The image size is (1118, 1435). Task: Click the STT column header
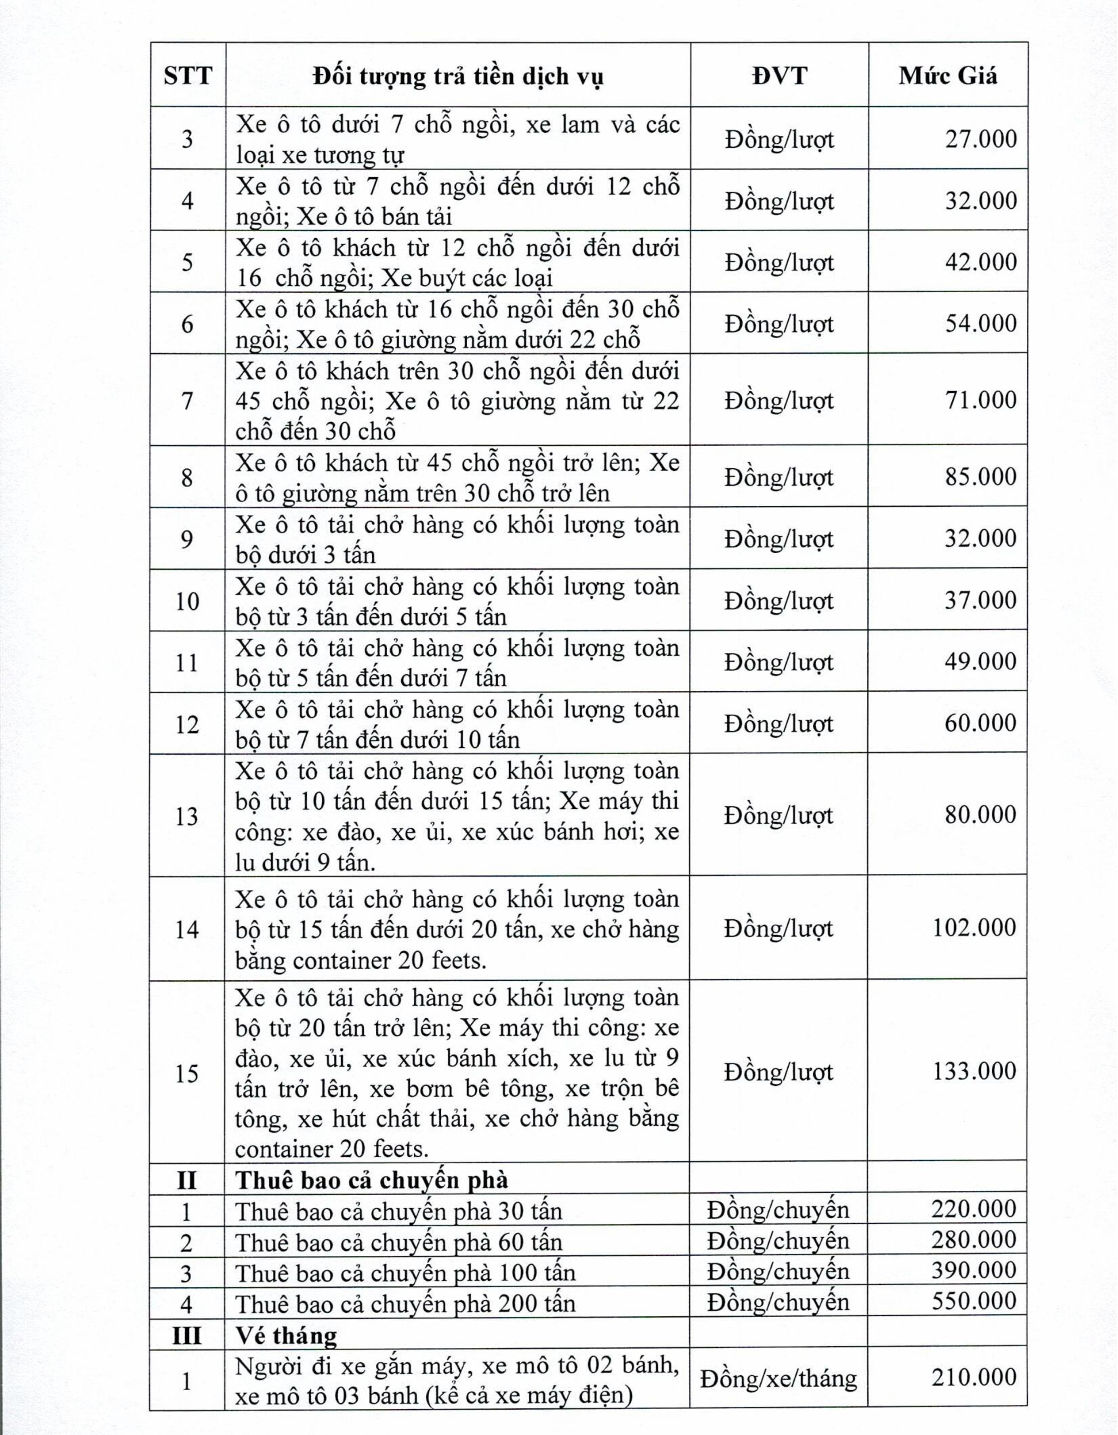coord(188,75)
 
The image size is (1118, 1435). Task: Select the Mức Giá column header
coord(948,75)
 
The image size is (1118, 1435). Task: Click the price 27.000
coord(981,139)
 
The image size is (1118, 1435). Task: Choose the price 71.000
coord(981,400)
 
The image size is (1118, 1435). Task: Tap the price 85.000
coord(981,477)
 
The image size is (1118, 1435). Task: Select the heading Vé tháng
coord(286,1334)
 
